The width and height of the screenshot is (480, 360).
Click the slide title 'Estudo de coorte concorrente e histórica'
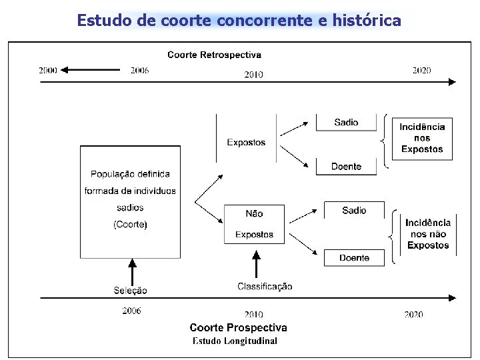[239, 20]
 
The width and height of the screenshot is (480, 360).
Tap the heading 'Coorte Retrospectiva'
[214, 55]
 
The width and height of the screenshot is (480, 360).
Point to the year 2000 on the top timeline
[48, 70]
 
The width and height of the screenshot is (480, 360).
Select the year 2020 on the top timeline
[421, 70]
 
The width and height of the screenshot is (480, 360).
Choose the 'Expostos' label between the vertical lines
[246, 142]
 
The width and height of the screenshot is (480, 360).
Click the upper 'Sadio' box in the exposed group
[346, 123]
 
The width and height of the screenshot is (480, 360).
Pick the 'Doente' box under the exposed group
[346, 166]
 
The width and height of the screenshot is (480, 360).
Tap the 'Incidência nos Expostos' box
[422, 138]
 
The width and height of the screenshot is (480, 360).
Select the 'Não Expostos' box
[254, 224]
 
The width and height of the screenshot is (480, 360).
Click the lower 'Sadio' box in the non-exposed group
[354, 211]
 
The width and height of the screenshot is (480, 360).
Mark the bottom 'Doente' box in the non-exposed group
[354, 258]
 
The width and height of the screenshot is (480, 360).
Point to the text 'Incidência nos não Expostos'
[428, 234]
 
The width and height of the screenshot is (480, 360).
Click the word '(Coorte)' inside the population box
[130, 225]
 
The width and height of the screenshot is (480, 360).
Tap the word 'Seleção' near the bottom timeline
[131, 290]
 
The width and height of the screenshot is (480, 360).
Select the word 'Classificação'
[265, 287]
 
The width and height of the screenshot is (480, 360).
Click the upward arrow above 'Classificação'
[256, 264]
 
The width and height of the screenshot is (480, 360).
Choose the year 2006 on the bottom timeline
[131, 311]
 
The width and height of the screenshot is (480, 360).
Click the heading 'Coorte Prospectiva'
[238, 327]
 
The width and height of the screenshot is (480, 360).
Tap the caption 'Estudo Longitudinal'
[235, 341]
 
